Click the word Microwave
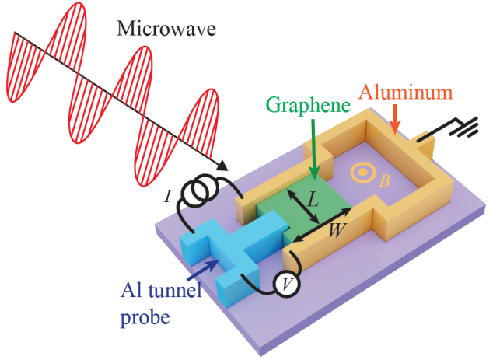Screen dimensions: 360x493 [166, 29]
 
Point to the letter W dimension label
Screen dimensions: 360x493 [336, 231]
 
